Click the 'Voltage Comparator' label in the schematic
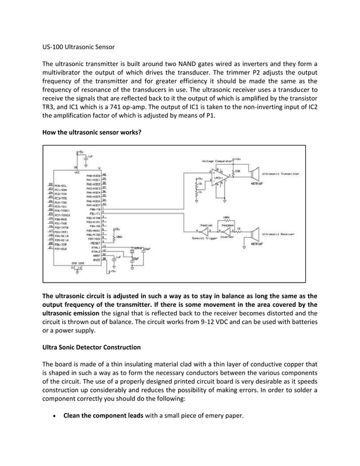click(214, 160)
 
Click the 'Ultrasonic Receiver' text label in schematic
click(279, 231)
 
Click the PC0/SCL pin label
click(62, 185)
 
